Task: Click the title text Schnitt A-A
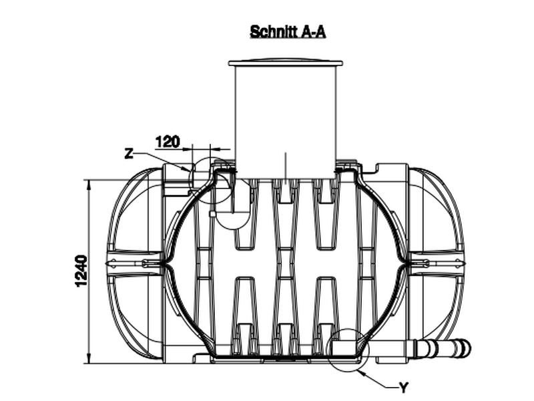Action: click(288, 31)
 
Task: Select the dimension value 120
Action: click(168, 142)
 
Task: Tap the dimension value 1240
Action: click(81, 271)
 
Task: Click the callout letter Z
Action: click(129, 154)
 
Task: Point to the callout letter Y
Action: click(403, 388)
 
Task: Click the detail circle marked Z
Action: click(213, 181)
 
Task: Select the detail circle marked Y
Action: click(347, 350)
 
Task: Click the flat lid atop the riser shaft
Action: click(286, 63)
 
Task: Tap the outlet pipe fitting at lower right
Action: click(443, 349)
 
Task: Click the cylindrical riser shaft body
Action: click(286, 120)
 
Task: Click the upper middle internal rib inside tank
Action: click(286, 214)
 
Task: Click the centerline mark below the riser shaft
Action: click(286, 167)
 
